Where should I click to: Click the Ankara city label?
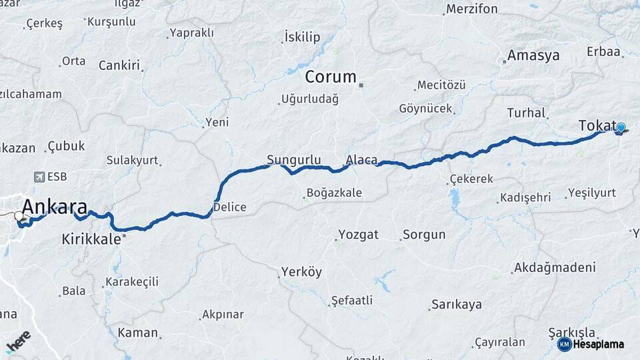55,206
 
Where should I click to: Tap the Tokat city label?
597,125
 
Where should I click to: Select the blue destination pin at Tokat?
621,128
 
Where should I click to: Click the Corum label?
331,77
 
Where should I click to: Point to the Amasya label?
533,55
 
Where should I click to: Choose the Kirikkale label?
91,238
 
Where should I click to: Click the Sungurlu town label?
294,160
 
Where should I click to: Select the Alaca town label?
361,160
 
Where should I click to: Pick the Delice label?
230,207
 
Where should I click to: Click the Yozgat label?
358,235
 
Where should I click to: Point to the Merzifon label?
471,9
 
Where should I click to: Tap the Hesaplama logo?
591,344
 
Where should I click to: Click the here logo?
19,339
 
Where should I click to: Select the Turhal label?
526,113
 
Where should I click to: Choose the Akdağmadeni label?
553,268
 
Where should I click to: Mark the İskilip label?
302,36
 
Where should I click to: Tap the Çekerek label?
471,179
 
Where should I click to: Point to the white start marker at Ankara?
18,216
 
